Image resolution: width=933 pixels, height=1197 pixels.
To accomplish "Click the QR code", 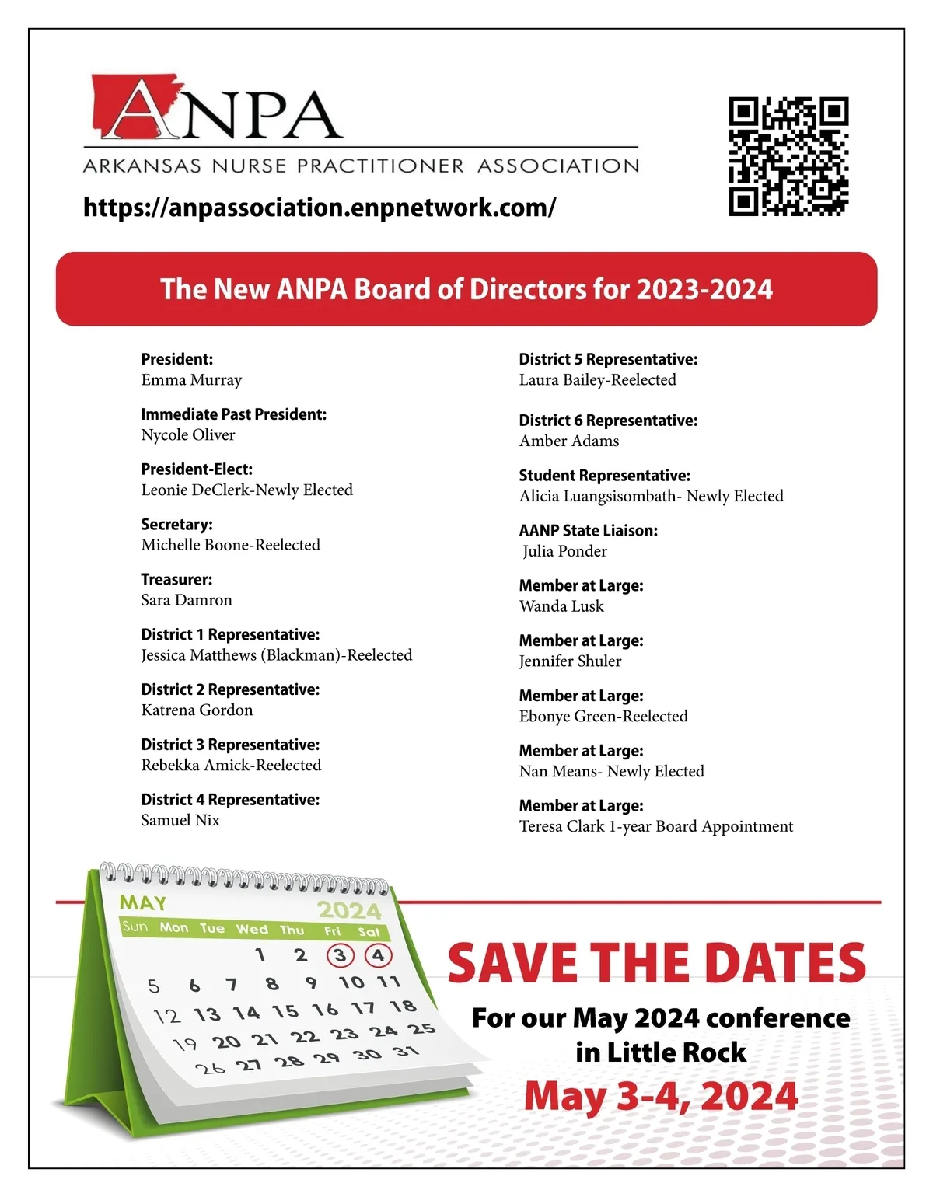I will click(788, 156).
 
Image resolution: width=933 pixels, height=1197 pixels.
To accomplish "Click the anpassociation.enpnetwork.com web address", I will click(320, 208).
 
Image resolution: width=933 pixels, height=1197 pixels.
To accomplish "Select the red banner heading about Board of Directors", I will click(466, 289).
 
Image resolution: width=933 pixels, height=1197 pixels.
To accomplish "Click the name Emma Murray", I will click(191, 380).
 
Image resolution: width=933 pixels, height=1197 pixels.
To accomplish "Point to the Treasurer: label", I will click(176, 580).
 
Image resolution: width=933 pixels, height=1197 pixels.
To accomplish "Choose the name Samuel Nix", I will click(180, 820).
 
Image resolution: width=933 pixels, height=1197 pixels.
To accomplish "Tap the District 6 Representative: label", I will click(608, 421).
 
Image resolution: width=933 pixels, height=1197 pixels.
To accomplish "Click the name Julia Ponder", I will click(564, 551).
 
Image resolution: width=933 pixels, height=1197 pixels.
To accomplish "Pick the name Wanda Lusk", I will click(561, 606).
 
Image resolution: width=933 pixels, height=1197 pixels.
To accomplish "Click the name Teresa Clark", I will click(561, 826).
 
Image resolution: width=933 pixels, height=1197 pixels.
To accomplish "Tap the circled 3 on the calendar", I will click(340, 955).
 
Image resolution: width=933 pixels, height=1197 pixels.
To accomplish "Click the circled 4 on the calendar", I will click(378, 955).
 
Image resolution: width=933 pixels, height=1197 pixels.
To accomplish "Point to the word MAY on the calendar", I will click(143, 902).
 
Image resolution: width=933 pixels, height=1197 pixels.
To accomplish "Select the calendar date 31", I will click(406, 1052).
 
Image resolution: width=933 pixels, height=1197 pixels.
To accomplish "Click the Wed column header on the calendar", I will click(252, 929).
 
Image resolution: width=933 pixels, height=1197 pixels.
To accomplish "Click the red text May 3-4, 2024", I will click(661, 1096).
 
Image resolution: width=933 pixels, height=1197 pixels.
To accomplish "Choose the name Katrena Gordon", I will click(197, 710).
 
